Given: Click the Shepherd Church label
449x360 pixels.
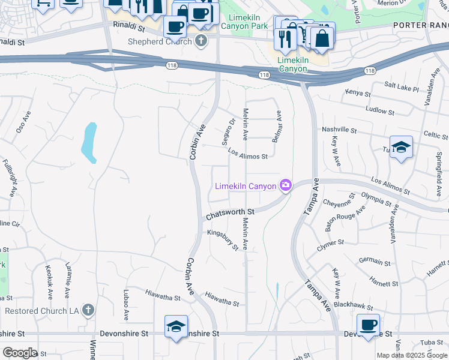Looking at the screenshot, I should [x=160, y=41].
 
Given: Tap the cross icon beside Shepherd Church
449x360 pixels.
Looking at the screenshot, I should [x=201, y=41].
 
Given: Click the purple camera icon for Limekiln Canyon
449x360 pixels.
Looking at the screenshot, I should [x=286, y=185].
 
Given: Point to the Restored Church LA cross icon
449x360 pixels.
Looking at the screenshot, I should [x=88, y=310].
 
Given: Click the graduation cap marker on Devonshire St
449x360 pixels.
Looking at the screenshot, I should [x=175, y=326].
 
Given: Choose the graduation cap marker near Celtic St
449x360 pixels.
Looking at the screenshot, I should [x=401, y=147].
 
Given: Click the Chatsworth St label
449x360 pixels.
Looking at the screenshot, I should [x=230, y=213].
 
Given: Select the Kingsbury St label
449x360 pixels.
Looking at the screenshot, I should [x=223, y=239].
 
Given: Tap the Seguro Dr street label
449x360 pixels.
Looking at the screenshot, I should [x=229, y=130].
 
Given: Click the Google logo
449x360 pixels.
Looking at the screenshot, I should [x=20, y=353].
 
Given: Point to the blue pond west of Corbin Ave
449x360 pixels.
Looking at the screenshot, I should [x=89, y=142].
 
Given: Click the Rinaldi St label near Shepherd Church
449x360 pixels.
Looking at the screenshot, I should [x=129, y=28].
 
